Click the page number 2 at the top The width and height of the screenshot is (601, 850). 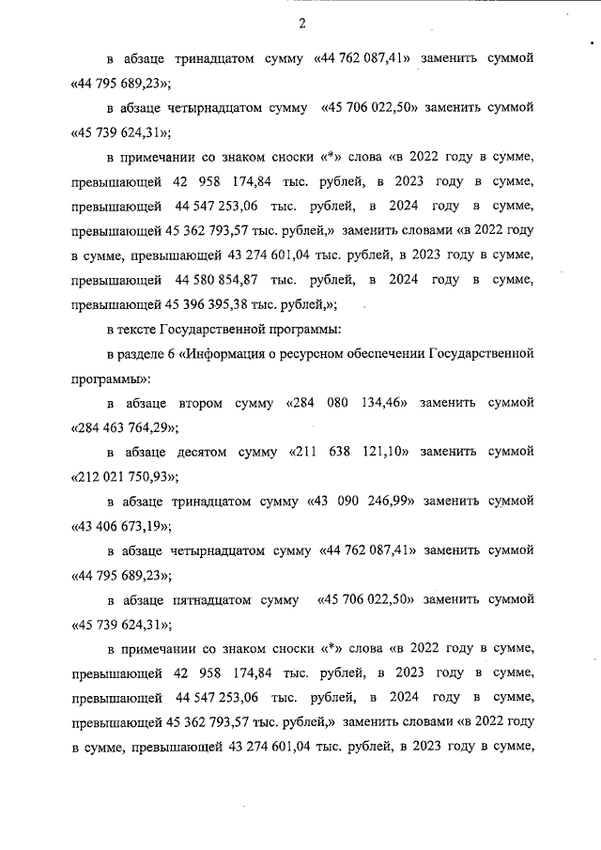[300, 23]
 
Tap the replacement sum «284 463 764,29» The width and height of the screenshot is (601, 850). [124, 427]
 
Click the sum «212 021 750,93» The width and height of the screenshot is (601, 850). [124, 476]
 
